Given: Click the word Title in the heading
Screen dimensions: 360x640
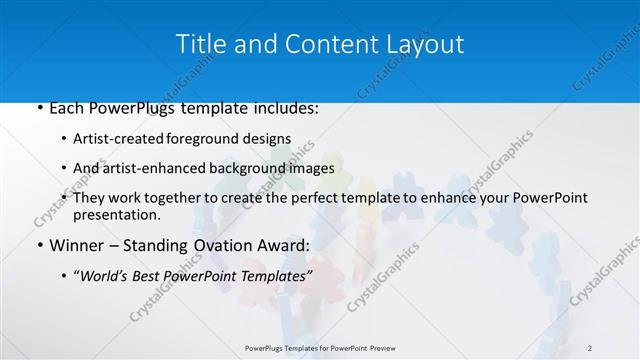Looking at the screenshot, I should coord(199,44).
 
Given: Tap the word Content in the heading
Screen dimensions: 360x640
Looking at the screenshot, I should coord(322,44).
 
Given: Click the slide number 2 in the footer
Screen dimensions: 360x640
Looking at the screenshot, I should coord(590,348).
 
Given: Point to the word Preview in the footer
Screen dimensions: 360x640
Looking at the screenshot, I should coord(376,348).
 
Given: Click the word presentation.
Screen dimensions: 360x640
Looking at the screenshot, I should coord(117,214).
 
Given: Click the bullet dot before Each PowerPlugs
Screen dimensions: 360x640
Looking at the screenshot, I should coord(38,108).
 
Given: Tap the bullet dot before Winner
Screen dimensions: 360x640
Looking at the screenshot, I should coord(38,245).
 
